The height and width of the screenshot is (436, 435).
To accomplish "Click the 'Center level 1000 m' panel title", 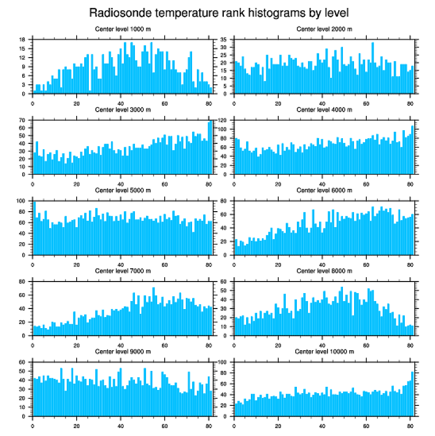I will [122, 29].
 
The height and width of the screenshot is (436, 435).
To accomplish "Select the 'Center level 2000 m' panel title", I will [324, 29].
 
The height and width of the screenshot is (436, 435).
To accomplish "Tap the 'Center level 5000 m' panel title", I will [122, 190].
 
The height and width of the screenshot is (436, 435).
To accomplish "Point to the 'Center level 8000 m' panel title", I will [324, 270].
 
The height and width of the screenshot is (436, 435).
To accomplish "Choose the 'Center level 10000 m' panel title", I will [324, 351].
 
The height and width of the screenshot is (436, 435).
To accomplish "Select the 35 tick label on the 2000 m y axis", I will [224, 40].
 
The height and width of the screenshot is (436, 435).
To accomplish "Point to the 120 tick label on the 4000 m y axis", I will [223, 121].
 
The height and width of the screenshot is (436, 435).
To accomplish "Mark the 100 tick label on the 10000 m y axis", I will [223, 362].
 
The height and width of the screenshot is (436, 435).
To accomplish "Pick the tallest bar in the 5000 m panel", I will [34, 228].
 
